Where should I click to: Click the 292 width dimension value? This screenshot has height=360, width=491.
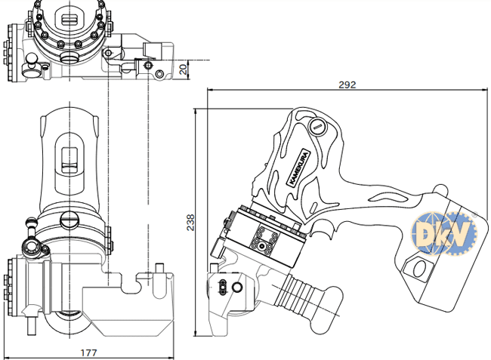point(347,85)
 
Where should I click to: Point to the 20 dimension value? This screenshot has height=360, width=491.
point(183,69)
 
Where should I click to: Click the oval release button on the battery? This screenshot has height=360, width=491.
point(418,266)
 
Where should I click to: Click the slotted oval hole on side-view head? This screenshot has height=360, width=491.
point(222,285)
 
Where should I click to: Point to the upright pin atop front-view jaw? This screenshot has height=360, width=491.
point(159,269)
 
